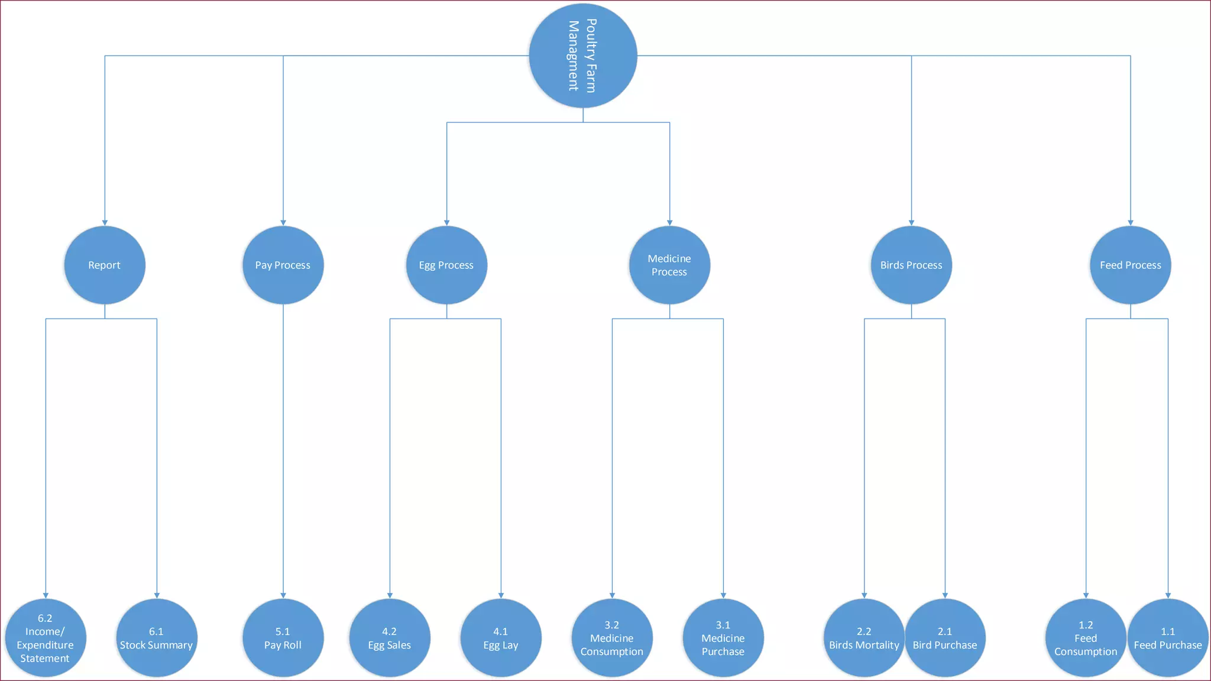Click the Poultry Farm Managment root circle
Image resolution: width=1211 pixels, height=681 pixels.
(x=582, y=56)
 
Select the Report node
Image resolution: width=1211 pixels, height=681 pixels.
(x=105, y=265)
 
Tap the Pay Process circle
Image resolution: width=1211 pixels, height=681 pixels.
(x=283, y=265)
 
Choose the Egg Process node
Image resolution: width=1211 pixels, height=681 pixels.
(x=446, y=265)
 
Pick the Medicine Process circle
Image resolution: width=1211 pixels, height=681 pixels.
(x=669, y=265)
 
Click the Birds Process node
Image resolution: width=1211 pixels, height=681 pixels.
(x=911, y=265)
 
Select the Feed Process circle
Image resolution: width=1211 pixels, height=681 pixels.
(x=1130, y=265)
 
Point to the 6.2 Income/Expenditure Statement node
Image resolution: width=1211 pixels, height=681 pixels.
(x=46, y=638)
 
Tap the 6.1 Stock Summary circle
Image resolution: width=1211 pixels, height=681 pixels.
(x=157, y=638)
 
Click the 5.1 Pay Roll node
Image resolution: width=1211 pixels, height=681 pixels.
(x=283, y=638)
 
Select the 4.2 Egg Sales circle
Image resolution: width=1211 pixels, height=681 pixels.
(x=390, y=638)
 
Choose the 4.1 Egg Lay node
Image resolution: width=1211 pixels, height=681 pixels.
(x=501, y=638)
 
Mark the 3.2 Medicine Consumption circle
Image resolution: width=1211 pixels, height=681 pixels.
(x=612, y=638)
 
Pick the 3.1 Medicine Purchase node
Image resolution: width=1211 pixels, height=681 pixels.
(x=723, y=638)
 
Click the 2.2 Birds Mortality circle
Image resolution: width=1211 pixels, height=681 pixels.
(x=864, y=638)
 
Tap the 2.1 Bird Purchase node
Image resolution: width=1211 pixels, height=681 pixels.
(x=945, y=638)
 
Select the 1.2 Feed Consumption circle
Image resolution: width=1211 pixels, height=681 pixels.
(x=1086, y=638)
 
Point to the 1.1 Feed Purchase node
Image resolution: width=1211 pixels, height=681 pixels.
(x=1168, y=638)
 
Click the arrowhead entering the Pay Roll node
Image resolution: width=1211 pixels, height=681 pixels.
(x=283, y=595)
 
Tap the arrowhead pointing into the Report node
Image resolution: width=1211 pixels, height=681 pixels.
(x=105, y=223)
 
